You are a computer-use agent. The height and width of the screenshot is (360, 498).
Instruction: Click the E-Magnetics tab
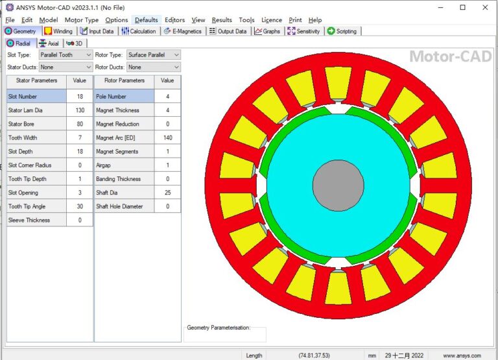pos(184,31)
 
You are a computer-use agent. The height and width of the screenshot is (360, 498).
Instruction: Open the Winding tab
pos(59,31)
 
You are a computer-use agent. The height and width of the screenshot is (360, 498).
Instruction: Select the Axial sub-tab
pos(49,43)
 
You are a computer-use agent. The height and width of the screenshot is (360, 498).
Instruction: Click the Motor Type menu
pos(82,20)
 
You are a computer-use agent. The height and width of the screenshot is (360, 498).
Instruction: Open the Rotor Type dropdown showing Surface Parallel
pos(153,55)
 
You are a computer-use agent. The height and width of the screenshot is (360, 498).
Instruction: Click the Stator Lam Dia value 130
pos(80,110)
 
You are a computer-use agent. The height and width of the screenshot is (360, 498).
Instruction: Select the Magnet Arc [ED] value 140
pos(167,138)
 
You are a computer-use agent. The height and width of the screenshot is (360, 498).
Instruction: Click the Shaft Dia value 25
pos(167,193)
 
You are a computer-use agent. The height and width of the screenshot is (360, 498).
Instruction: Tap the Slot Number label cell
pos(36,96)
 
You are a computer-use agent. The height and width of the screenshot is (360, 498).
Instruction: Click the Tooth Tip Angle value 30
pos(80,206)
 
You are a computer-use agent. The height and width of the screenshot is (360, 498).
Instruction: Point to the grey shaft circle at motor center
pos(337,185)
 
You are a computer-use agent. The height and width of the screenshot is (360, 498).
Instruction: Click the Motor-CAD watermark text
pos(449,57)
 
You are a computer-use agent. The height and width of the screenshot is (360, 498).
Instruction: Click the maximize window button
pos(462,8)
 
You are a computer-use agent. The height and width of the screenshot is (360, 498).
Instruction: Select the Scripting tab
pos(342,31)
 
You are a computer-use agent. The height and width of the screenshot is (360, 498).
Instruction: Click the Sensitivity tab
pos(304,31)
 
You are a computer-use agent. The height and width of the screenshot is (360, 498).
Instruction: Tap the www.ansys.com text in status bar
pos(462,355)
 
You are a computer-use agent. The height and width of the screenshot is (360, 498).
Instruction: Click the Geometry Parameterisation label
pos(219,328)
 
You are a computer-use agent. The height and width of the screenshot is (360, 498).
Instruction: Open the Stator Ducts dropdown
pos(65,67)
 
